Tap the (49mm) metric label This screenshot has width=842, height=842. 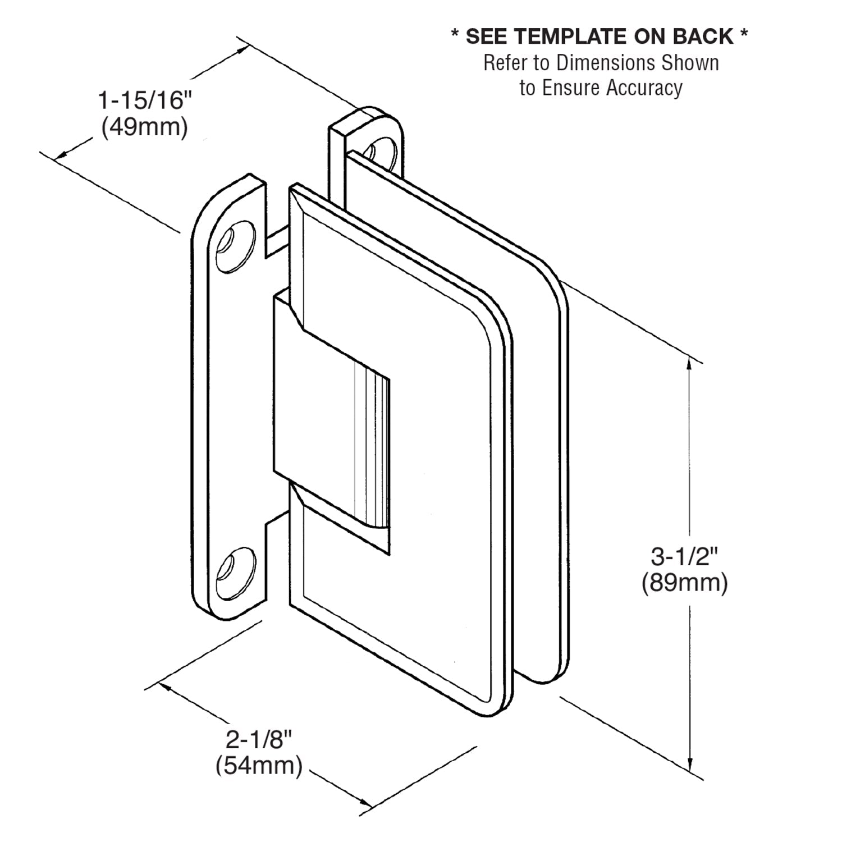click(x=144, y=127)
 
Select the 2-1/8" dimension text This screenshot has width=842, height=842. click(x=259, y=740)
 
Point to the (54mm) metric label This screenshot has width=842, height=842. click(x=259, y=766)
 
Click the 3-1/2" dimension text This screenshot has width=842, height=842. click(x=684, y=557)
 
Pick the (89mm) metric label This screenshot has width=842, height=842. click(x=684, y=583)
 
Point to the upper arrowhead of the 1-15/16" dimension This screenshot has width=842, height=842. click(x=242, y=49)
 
